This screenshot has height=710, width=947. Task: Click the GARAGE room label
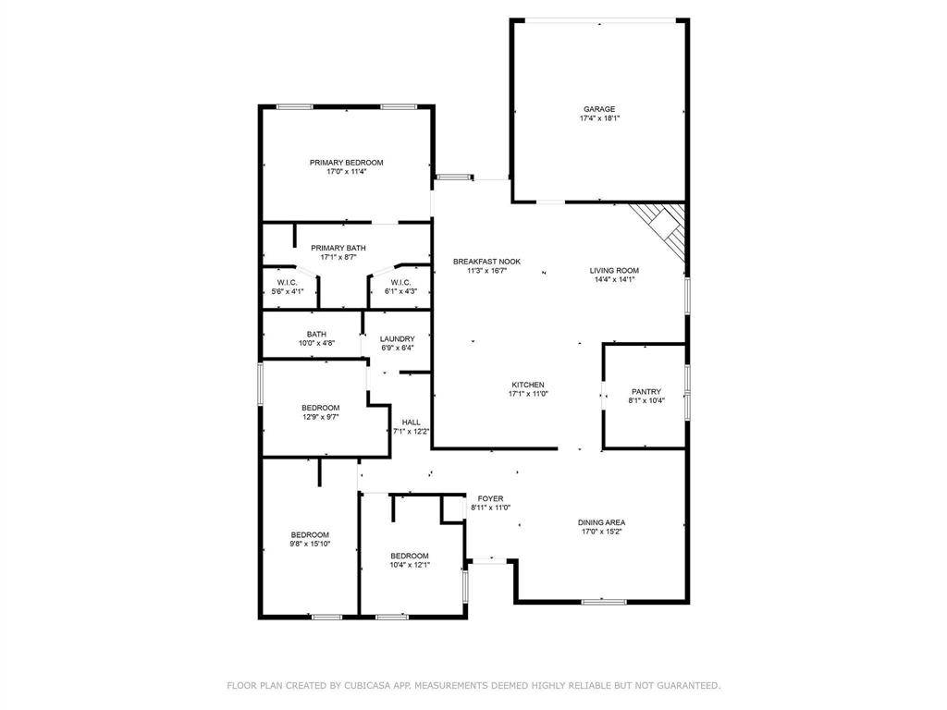click(599, 109)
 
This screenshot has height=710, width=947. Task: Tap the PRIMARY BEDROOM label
click(347, 163)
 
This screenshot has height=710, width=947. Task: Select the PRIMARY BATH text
click(338, 248)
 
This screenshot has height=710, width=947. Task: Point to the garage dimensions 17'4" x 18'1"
click(599, 118)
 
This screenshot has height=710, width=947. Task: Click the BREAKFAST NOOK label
click(486, 262)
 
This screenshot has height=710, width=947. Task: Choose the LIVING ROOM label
click(614, 271)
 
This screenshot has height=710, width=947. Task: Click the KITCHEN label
click(528, 385)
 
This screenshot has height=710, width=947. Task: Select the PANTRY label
click(646, 391)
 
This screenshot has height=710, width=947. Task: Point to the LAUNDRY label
click(398, 338)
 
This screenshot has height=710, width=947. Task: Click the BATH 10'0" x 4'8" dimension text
click(316, 343)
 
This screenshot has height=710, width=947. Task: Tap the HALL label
click(412, 422)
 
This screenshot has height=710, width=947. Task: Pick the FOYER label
click(490, 498)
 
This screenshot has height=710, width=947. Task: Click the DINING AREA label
click(601, 522)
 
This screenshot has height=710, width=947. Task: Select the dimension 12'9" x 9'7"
click(321, 417)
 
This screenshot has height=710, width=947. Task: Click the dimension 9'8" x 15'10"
click(310, 544)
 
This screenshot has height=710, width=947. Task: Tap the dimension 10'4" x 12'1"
click(410, 565)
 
